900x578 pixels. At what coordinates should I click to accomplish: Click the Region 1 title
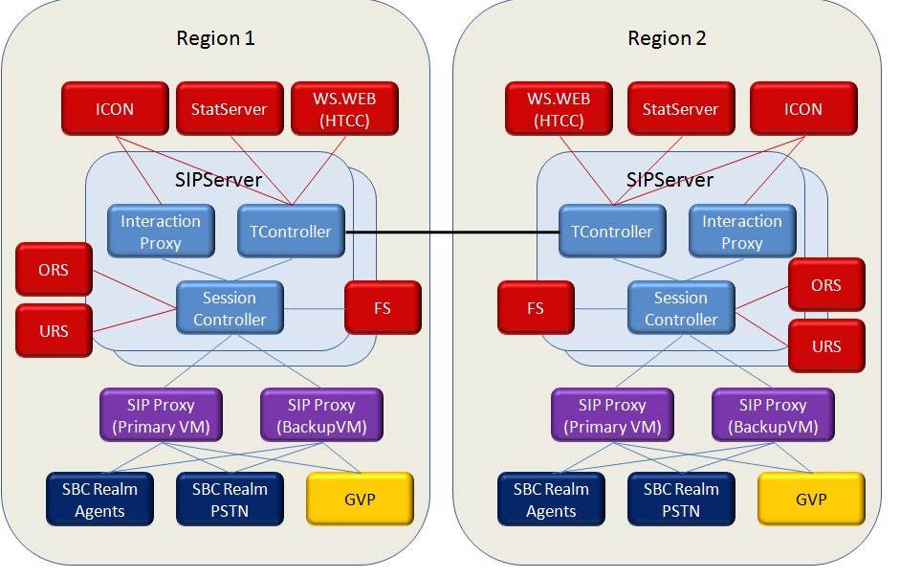[x=215, y=39]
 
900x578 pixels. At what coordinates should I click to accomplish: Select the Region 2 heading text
[x=667, y=39]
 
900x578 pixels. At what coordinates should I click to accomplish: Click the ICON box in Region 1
[x=115, y=108]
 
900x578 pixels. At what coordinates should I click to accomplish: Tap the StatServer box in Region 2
[x=680, y=108]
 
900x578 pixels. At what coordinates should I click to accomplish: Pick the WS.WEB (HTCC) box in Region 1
[x=343, y=108]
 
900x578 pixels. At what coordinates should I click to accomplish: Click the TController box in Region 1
[x=290, y=232]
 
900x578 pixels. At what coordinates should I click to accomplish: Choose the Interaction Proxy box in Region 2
[x=742, y=232]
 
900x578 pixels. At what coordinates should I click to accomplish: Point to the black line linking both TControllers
[x=451, y=233]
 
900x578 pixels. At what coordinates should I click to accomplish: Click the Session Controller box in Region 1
[x=230, y=308]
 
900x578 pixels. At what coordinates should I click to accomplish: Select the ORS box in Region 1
[x=55, y=269]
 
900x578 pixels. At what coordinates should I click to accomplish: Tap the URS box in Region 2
[x=826, y=345]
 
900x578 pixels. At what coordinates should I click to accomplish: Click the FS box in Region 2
[x=536, y=308]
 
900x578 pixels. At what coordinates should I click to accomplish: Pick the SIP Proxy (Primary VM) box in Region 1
[x=161, y=415]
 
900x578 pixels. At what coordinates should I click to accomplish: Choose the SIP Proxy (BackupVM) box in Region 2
[x=773, y=415]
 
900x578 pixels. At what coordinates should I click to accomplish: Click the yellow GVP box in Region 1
[x=360, y=499]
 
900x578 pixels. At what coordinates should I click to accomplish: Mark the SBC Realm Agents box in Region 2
[x=551, y=499]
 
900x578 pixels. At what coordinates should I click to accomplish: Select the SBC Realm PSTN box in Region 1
[x=230, y=499]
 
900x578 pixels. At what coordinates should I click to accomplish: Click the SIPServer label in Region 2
[x=670, y=179]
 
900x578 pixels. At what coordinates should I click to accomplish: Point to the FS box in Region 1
[x=383, y=308]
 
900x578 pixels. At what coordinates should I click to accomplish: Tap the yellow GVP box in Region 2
[x=811, y=499]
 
